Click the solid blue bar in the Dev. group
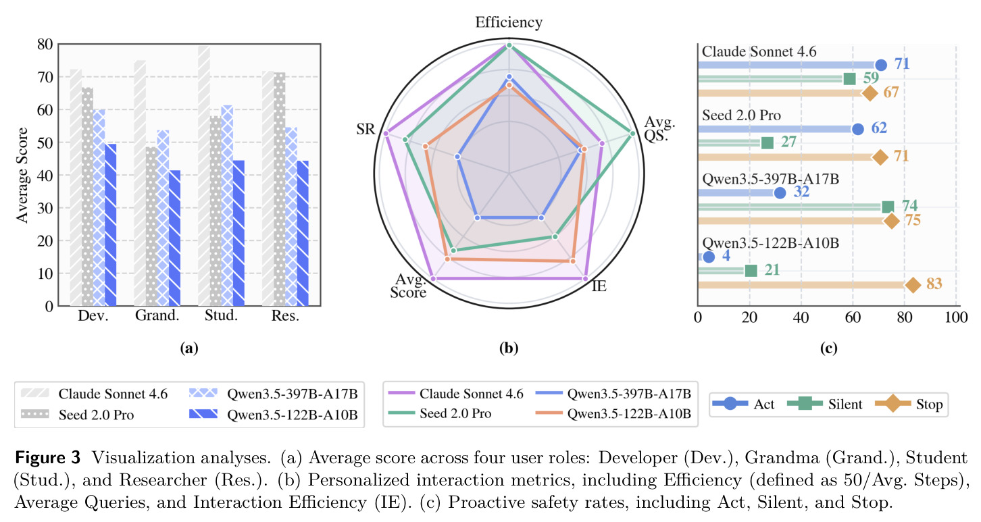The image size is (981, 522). pos(110,225)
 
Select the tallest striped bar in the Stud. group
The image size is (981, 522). pos(203,176)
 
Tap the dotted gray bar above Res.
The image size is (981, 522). pos(280,189)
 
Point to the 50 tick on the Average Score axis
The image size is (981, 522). pos(45,142)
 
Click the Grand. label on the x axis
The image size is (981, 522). pos(157,315)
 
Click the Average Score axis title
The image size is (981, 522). pos(22,175)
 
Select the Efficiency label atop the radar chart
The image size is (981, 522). pos(509,22)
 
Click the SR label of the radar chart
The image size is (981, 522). pos(366,129)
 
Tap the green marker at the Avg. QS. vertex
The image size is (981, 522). pos(632,133)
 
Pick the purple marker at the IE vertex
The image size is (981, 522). pos(585,278)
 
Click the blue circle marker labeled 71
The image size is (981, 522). pos(881,66)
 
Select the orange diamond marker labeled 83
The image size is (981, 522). pos(913,285)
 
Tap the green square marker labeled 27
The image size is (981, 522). pos(768,142)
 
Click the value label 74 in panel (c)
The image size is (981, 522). pos(909,205)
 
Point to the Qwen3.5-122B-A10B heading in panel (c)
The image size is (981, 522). pos(771,243)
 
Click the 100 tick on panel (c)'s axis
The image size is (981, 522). pos(956,317)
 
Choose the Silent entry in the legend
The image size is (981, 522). pos(845,404)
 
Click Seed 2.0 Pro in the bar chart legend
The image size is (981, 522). pos(97,415)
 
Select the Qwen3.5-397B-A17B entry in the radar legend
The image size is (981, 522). pos(629,394)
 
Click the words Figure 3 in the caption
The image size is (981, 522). pos(48,458)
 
